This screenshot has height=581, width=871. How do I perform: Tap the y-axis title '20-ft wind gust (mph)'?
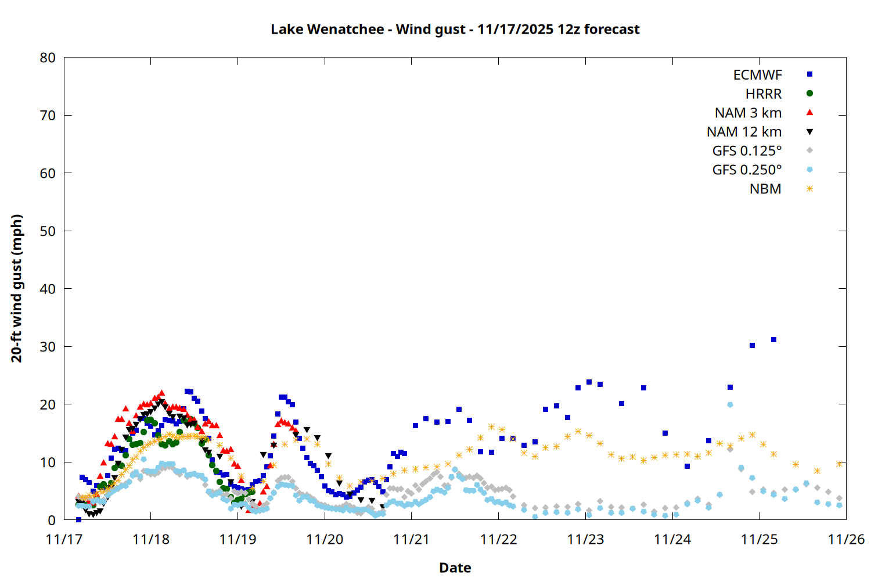(x=17, y=288)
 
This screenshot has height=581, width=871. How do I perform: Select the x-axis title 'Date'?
(x=455, y=568)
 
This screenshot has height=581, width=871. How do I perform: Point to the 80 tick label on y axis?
(x=48, y=58)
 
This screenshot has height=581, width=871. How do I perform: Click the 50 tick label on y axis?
(x=48, y=231)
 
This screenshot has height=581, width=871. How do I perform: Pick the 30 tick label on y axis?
(x=48, y=346)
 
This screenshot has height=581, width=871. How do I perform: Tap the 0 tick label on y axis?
(x=52, y=520)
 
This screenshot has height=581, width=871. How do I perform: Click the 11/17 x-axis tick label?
(x=64, y=539)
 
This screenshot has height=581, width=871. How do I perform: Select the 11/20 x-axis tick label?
(x=325, y=539)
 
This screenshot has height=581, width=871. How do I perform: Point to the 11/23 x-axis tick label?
(x=585, y=539)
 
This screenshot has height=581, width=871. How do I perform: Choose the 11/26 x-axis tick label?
(x=846, y=539)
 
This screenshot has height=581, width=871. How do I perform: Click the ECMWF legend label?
(x=757, y=75)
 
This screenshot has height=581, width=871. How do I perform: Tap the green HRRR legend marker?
(x=809, y=94)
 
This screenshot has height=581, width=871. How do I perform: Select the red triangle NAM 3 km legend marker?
(x=809, y=113)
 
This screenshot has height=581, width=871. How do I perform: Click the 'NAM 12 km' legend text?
(x=744, y=132)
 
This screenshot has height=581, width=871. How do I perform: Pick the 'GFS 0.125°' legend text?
(x=747, y=151)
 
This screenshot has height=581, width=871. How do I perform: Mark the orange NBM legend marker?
(x=809, y=189)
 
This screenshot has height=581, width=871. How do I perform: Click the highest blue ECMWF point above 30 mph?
(x=773, y=339)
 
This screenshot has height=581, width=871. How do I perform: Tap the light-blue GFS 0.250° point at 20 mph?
(x=730, y=404)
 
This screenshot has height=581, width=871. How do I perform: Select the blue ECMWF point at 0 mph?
(x=78, y=519)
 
